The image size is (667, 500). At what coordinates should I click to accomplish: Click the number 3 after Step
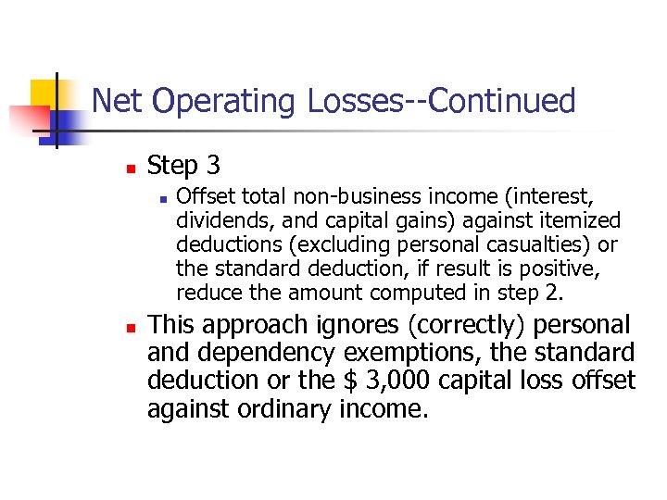tap(213, 166)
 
